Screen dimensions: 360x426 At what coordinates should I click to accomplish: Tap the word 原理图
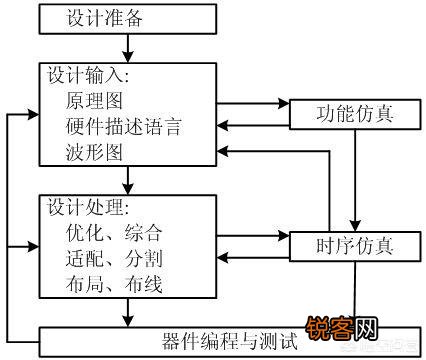97,103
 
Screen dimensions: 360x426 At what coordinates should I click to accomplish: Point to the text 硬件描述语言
127,128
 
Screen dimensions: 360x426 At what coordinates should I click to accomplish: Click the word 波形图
97,153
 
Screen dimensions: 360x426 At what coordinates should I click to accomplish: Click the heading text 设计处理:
87,208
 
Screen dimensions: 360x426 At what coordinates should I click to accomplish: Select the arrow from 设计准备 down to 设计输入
128,49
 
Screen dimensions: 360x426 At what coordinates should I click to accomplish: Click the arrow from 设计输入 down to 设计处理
128,179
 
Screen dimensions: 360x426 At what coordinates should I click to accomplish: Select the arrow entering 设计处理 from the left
24,244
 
